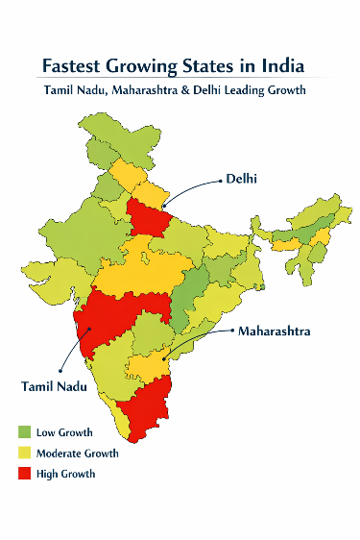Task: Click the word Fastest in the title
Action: [x=73, y=66]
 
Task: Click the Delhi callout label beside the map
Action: [x=241, y=179]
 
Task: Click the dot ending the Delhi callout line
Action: [x=164, y=204]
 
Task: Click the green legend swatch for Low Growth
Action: [x=25, y=432]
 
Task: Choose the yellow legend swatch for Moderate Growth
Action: [x=25, y=453]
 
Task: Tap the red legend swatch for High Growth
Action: [x=25, y=473]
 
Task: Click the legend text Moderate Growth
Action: [x=77, y=453]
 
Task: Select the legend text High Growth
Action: [x=65, y=473]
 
